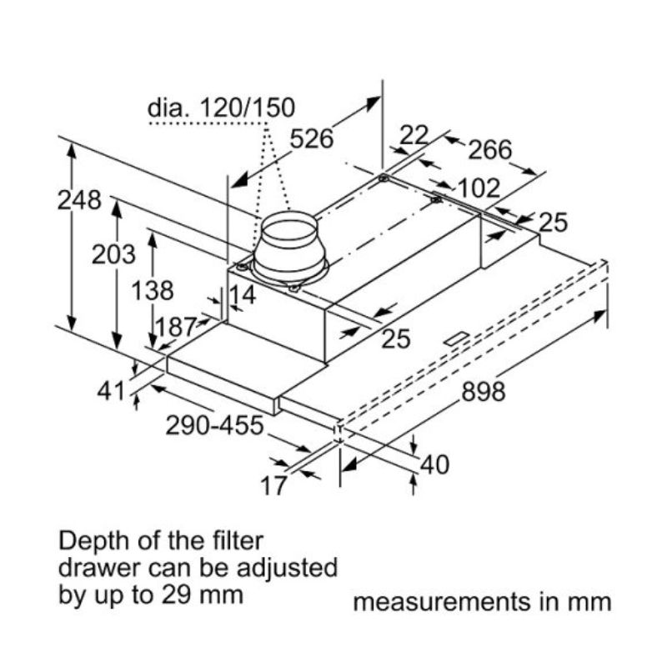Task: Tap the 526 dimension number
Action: pos(311,138)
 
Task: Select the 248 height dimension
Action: pos(79,200)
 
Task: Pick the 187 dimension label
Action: pos(175,325)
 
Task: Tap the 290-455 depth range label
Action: pos(214,425)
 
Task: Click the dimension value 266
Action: pos(489,150)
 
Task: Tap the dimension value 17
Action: pos(273,485)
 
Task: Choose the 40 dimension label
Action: pos(434,464)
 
